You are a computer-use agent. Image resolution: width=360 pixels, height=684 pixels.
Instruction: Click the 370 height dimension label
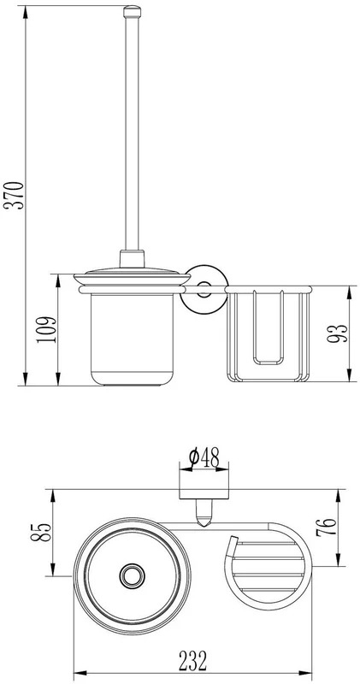pyautogui.click(x=14, y=195)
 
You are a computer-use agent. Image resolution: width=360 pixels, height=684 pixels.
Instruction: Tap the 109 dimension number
pyautogui.click(x=47, y=329)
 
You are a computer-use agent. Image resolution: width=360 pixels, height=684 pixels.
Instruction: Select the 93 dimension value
pyautogui.click(x=338, y=333)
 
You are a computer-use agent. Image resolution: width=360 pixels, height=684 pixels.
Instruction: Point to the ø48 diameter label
pyautogui.click(x=204, y=457)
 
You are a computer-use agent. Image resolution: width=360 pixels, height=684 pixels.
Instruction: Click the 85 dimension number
pyautogui.click(x=41, y=532)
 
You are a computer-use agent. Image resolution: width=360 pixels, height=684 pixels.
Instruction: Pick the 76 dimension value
pyautogui.click(x=327, y=527)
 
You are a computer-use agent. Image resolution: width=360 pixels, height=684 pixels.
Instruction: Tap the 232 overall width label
pyautogui.click(x=192, y=661)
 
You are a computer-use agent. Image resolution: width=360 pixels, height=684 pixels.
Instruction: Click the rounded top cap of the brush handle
pyautogui.click(x=133, y=12)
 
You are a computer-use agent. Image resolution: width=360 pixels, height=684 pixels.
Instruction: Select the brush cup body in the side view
pyautogui.click(x=133, y=339)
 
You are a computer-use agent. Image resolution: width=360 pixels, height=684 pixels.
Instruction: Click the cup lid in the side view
pyautogui.click(x=133, y=279)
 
